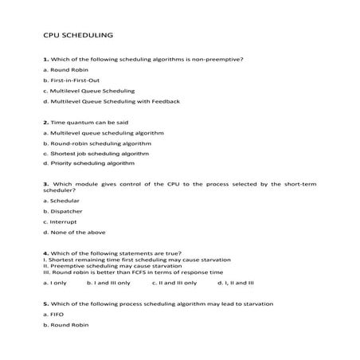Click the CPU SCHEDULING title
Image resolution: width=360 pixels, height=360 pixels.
click(78, 35)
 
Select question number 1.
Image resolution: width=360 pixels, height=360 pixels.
click(45, 60)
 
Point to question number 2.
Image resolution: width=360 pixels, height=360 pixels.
click(45, 122)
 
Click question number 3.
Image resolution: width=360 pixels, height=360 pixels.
click(45, 184)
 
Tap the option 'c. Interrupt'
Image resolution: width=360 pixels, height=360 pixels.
click(61, 221)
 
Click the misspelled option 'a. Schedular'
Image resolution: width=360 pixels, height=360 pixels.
click(62, 201)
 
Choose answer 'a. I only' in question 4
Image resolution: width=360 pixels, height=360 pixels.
click(55, 282)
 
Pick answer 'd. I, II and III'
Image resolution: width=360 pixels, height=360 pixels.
click(235, 282)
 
